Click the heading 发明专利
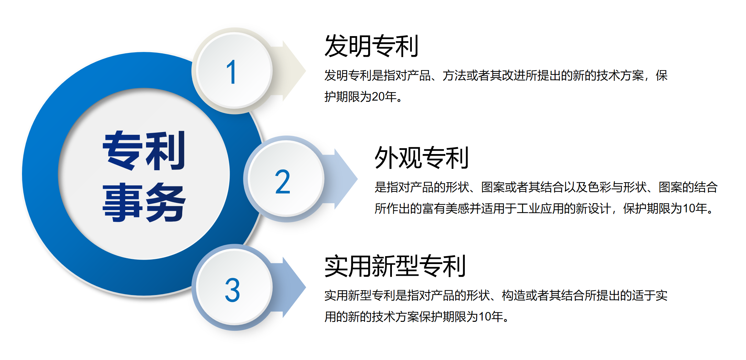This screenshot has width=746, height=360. tap(371, 46)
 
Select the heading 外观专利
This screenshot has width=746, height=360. tap(421, 157)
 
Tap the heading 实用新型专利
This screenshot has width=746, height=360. tap(395, 266)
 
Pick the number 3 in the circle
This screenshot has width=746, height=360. tap(232, 290)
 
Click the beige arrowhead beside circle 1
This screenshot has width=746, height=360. tap(294, 71)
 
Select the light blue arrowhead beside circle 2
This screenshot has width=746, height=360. tap(346, 179)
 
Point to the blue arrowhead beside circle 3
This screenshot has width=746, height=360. tap(294, 287)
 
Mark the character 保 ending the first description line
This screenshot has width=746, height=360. tap(662, 75)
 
